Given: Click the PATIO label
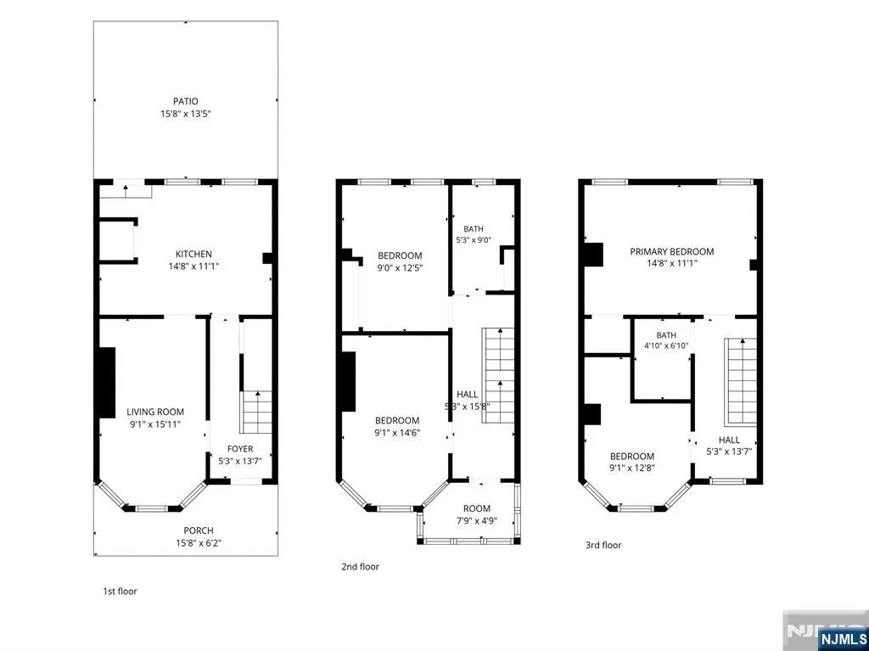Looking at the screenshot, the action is pos(186,102).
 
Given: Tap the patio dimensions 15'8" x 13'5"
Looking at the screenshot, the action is pos(186,115).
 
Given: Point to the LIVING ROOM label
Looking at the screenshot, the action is pos(155,412).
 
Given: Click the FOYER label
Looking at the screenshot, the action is pos(240,449).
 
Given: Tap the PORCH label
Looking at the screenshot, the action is pos(199,530).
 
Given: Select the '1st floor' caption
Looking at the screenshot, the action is pos(120,591).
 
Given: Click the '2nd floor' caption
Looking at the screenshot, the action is pos(360,567).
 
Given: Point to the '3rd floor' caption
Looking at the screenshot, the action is pos(603,545).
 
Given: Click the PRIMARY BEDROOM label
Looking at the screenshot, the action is pos(672,251).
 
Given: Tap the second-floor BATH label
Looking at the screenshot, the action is pos(474,228).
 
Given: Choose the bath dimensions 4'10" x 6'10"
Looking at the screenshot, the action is pos(666,346).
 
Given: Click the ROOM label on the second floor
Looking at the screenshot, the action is pos(477,508).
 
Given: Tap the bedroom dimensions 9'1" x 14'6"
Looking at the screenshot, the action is pos(397,433).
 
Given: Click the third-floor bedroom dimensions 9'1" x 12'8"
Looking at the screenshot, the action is pos(631,468).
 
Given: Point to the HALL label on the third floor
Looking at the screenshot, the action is pos(729,439).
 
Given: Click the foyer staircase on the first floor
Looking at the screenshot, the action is pos(256,412).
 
